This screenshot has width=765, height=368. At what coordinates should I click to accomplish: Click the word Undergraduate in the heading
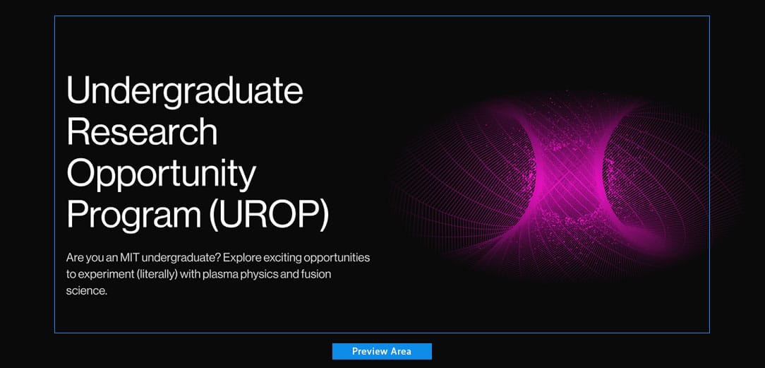184,91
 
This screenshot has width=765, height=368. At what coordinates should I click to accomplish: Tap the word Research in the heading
141,131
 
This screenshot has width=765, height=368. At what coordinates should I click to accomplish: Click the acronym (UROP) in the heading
269,215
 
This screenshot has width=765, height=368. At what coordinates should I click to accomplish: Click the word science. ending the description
86,292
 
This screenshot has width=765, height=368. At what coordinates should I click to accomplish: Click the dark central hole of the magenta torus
570,180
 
